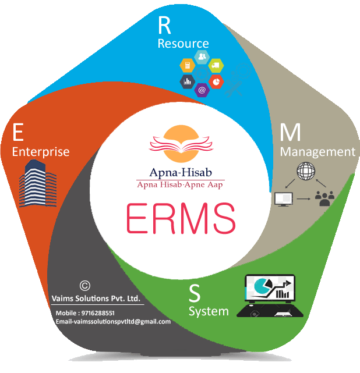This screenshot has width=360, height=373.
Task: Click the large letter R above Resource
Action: coord(166,26)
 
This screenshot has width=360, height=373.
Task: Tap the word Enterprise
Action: coord(41,152)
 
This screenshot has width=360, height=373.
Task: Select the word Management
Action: coord(317,152)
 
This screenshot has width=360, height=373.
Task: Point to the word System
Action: coord(209,311)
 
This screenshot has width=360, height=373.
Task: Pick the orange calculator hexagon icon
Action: coord(188,64)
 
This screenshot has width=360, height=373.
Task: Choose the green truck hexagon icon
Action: coord(216,64)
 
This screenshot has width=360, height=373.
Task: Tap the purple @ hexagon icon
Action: coord(202,90)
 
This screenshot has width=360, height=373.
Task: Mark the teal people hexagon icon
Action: coord(202,56)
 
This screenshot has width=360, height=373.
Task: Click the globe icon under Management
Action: coord(305,173)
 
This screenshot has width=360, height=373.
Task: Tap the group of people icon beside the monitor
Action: coord(323,198)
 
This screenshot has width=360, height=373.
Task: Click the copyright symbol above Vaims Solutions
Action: coord(84,286)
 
